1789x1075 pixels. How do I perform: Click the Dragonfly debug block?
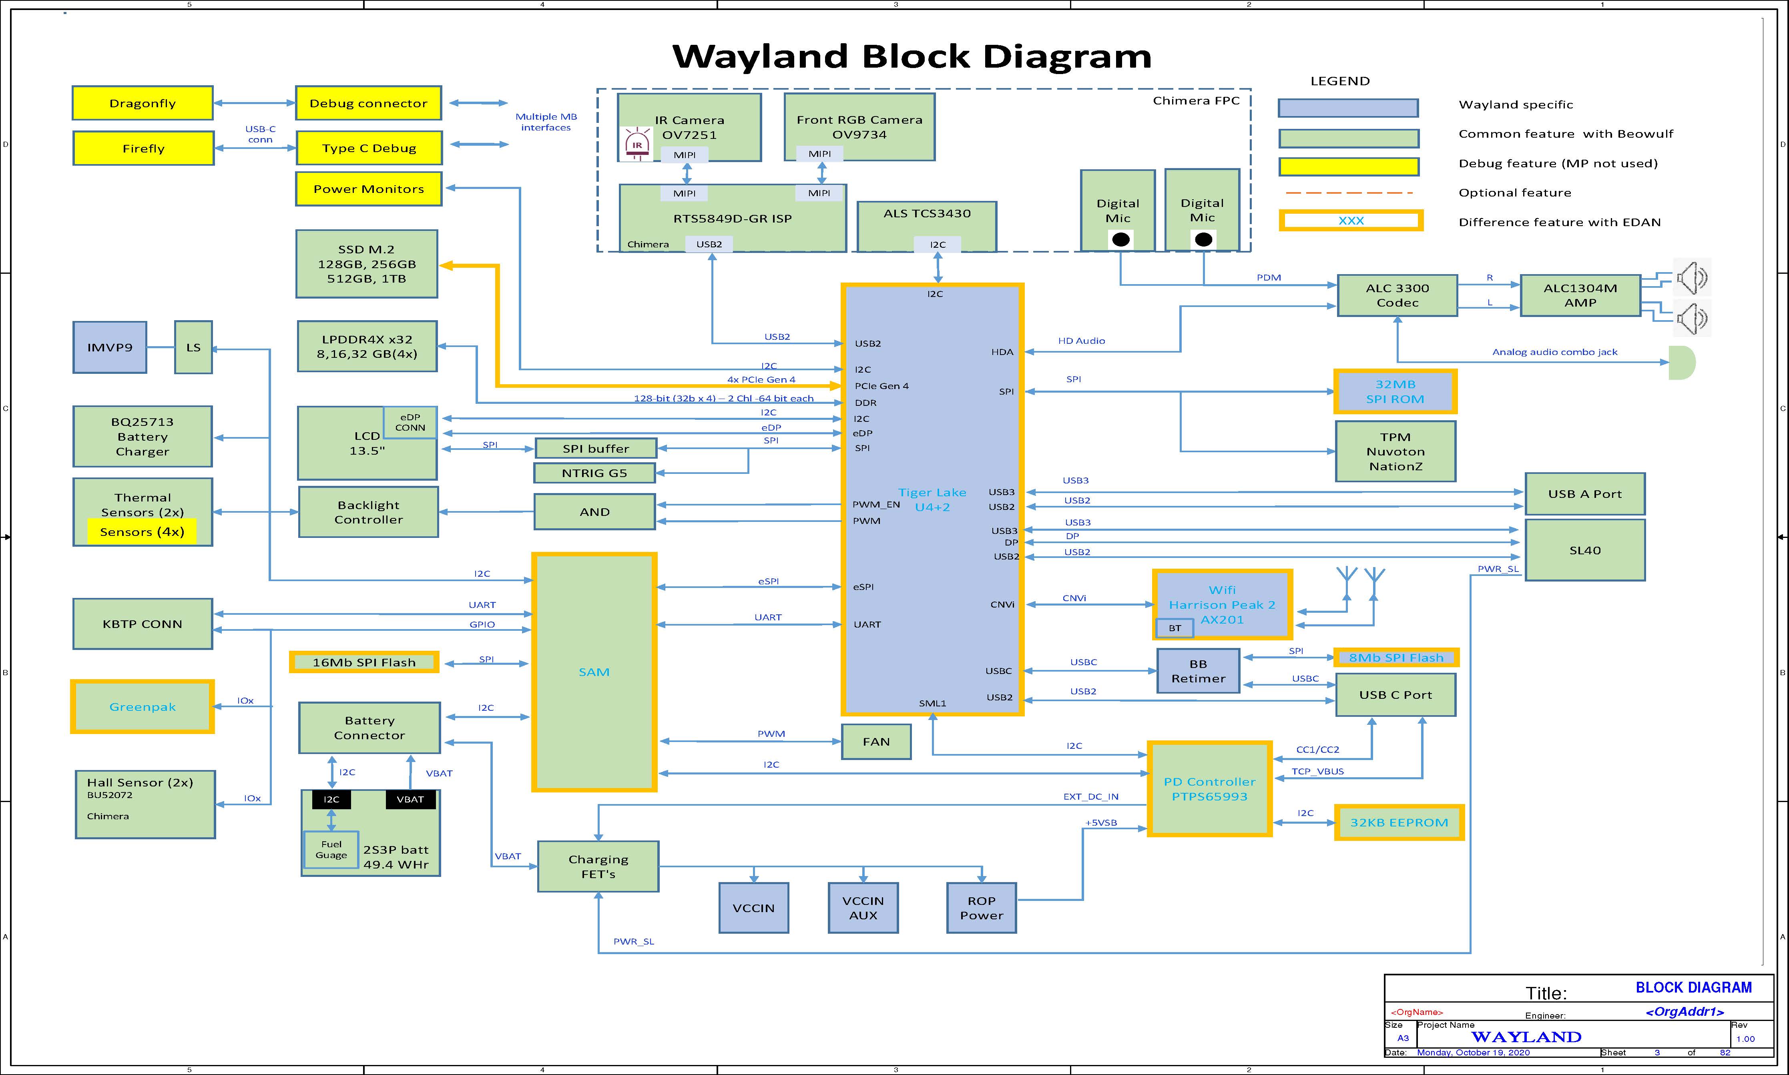pos(143,103)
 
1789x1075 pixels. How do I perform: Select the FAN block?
pos(876,742)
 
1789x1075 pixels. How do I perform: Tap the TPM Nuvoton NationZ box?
pos(1395,451)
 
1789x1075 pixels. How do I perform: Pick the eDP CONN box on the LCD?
pos(410,422)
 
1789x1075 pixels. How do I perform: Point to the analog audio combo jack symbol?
pos(1681,362)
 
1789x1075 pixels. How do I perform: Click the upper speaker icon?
pos(1691,277)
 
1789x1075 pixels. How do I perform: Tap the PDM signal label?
pos(1269,277)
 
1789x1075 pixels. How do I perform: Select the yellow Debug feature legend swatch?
pos(1348,166)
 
